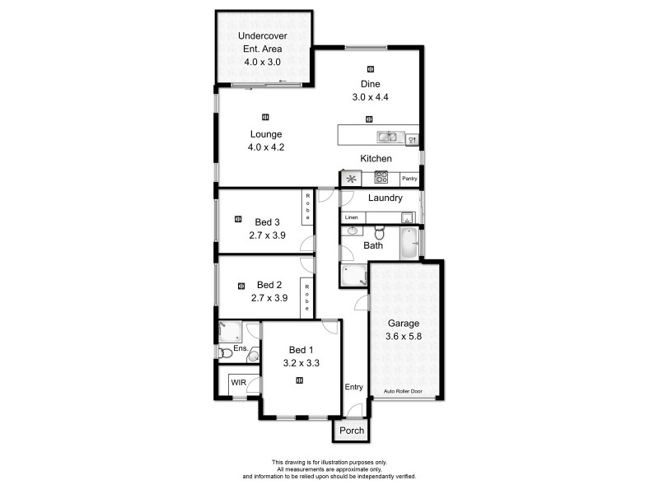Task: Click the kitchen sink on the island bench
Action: click(386, 137)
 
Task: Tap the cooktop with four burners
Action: click(381, 177)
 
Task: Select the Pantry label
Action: click(409, 178)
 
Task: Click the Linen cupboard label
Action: click(352, 217)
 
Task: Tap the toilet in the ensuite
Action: click(226, 353)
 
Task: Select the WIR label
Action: click(238, 383)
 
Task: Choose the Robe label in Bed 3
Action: click(307, 206)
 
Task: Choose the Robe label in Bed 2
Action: click(307, 296)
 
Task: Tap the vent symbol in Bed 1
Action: click(300, 380)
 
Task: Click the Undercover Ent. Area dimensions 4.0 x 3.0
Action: click(262, 62)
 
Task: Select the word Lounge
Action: click(266, 134)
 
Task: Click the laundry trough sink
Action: click(406, 217)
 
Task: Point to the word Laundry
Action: click(385, 198)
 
